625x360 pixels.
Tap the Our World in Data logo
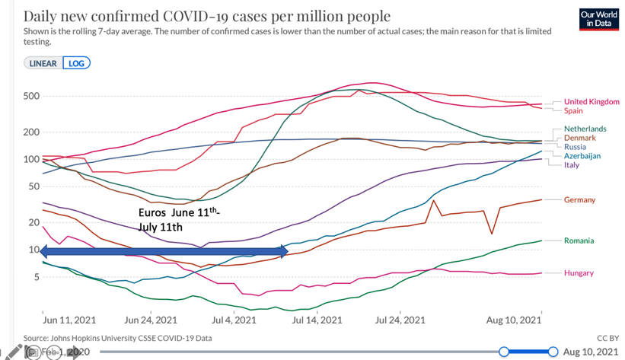click(598, 20)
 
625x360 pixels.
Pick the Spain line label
click(573, 111)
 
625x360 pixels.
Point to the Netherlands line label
click(585, 129)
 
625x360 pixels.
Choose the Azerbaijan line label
click(582, 156)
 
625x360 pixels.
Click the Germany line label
click(579, 199)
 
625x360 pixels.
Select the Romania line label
click(579, 241)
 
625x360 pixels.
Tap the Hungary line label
click(579, 272)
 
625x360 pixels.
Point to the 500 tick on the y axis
click(31, 96)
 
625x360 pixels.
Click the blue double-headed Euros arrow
click(164, 251)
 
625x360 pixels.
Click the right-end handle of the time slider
click(553, 352)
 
